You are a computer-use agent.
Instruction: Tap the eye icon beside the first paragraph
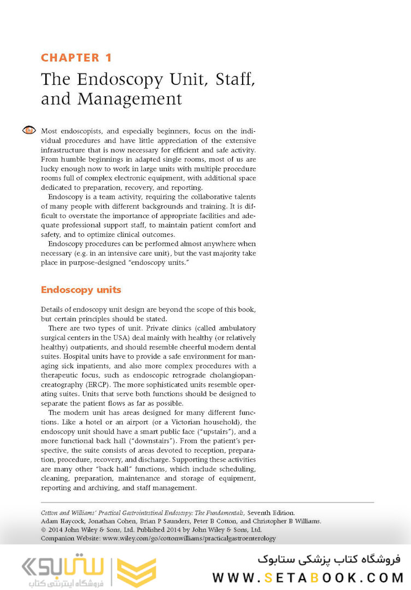click(29, 130)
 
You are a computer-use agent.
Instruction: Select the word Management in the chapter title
click(130, 99)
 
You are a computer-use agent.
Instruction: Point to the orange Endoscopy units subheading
click(81, 289)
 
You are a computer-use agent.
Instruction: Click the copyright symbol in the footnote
click(44, 530)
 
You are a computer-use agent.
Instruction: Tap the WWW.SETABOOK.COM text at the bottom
click(308, 577)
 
